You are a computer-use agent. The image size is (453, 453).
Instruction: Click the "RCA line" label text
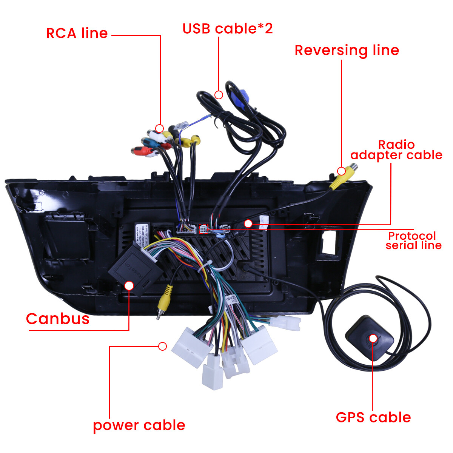(77, 33)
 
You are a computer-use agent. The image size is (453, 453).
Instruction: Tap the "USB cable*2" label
(227, 29)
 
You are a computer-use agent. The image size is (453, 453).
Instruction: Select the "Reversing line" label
(347, 50)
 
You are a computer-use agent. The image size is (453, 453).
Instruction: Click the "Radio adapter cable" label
(396, 150)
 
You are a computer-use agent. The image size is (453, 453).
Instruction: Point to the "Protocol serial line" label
(413, 240)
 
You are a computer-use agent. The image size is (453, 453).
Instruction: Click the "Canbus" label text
(58, 319)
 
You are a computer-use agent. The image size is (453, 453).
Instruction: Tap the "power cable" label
(139, 425)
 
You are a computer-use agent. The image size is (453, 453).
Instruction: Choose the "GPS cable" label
(373, 418)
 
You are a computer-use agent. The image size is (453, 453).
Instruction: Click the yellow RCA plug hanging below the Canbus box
(165, 298)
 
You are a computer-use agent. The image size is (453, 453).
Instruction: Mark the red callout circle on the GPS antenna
(373, 338)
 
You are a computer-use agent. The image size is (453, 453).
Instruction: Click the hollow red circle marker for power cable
(163, 346)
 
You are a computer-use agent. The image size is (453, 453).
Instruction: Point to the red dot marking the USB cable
(219, 95)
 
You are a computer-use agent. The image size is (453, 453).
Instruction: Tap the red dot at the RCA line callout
(160, 128)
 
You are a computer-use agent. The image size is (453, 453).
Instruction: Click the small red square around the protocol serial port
(203, 228)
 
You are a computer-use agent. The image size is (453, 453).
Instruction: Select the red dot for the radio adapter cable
(248, 224)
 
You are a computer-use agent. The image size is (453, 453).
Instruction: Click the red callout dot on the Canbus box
(129, 285)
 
